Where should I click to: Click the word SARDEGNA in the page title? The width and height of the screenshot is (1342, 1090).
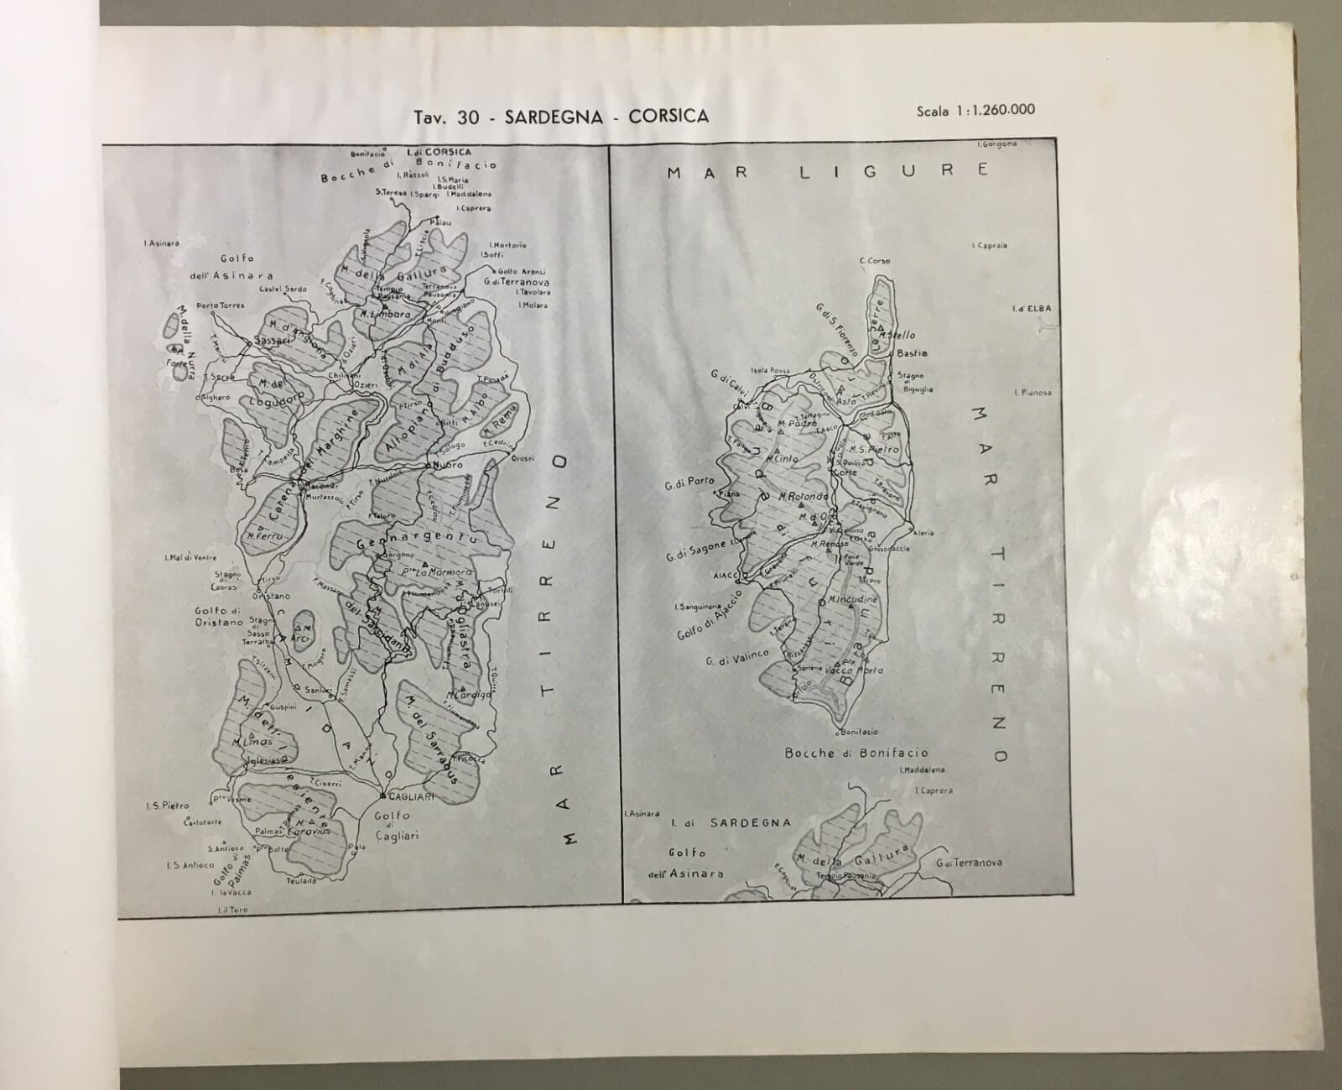coord(554,117)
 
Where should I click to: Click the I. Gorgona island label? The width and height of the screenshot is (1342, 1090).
coord(997,144)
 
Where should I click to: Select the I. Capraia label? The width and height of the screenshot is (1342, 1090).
coord(990,246)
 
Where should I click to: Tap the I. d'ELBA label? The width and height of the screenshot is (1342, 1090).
coord(1032,309)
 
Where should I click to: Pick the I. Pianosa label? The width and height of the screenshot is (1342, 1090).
coord(1033,392)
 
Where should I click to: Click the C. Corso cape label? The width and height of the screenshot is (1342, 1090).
coord(875,261)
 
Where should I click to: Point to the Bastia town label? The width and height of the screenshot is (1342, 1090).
coord(912,353)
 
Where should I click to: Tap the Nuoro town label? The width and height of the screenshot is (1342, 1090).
coord(445,464)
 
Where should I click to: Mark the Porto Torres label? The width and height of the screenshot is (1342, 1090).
coord(220,305)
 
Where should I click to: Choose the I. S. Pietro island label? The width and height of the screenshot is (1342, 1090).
coord(167,806)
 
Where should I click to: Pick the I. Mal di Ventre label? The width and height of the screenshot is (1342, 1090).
coord(190,557)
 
